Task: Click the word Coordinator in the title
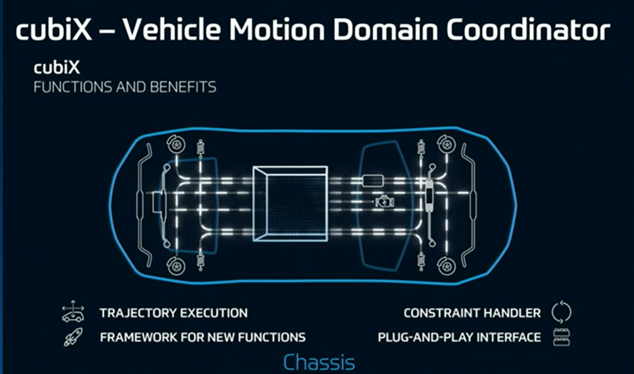click(527, 30)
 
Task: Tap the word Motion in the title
click(278, 30)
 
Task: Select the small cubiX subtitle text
click(57, 67)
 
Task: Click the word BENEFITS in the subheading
click(183, 87)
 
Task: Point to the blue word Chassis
click(319, 362)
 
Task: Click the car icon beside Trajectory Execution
click(73, 312)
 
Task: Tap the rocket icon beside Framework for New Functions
click(73, 336)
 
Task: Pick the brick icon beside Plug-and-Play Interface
click(561, 337)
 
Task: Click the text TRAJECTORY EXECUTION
click(173, 313)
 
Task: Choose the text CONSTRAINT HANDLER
click(472, 313)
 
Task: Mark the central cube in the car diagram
click(290, 204)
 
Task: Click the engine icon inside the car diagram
click(385, 201)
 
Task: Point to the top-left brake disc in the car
click(176, 144)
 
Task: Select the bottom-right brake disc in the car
click(447, 266)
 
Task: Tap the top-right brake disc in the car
click(447, 144)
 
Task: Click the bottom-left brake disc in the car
click(176, 266)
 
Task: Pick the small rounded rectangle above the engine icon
click(372, 181)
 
